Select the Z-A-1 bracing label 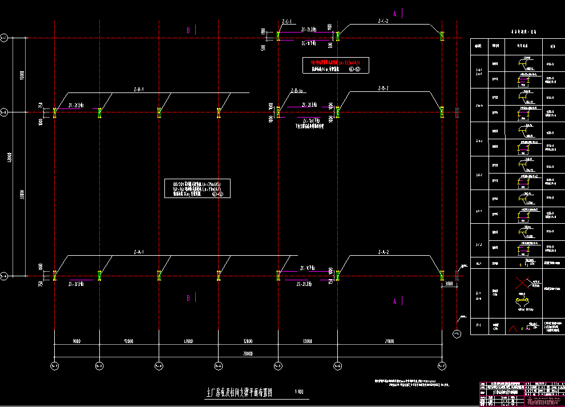click(138, 252)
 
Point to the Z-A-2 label click(383, 252)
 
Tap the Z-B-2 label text click(383, 88)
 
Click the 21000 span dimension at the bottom click(389, 341)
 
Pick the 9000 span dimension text click(76, 341)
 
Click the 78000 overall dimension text click(247, 354)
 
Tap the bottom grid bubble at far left click(55, 365)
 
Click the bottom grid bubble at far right click(442, 365)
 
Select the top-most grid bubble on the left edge click(4, 38)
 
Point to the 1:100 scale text click(299, 392)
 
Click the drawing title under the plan click(239, 393)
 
